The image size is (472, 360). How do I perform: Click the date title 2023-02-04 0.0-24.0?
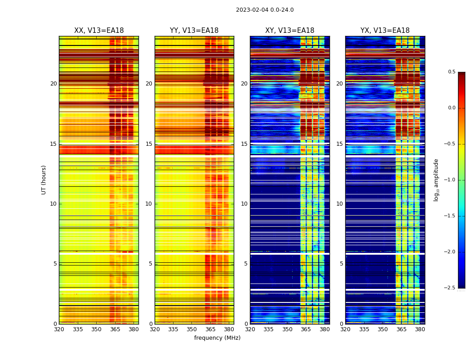265,10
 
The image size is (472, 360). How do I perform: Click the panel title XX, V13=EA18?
99,31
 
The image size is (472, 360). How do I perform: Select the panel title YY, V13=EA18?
194,31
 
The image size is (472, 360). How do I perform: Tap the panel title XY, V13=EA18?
289,31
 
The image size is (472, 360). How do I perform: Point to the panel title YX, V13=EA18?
385,31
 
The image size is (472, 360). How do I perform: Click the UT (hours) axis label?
44,180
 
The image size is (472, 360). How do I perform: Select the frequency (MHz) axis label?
217,338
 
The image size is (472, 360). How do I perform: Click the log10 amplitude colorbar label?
436,180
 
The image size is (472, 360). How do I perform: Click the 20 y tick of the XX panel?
53,84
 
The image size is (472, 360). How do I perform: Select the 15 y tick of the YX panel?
340,144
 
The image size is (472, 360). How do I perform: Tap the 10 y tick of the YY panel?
149,204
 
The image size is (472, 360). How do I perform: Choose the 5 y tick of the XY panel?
246,264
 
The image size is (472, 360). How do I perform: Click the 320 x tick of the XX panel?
59,329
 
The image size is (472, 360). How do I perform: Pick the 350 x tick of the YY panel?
192,329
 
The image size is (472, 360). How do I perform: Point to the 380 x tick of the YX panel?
420,329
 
